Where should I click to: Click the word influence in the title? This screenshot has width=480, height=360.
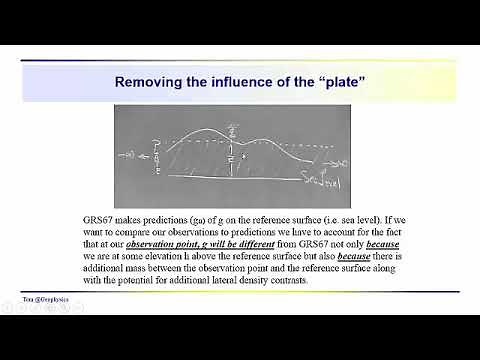pyautogui.click(x=248, y=81)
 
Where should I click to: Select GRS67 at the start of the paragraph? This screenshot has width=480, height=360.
pyautogui.click(x=103, y=218)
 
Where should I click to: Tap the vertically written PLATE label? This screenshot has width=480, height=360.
pyautogui.click(x=155, y=160)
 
